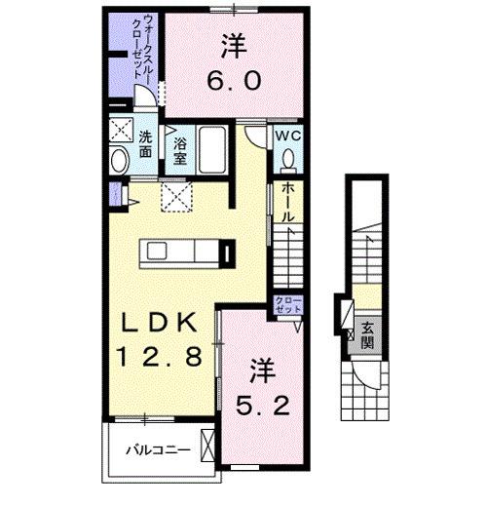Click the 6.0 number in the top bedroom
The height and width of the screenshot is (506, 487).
(234, 82)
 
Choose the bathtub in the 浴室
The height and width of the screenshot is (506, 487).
(213, 151)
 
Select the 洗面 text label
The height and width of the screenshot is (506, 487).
(144, 144)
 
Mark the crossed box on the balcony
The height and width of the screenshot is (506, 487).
(206, 445)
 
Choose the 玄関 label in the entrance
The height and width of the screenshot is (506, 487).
(367, 333)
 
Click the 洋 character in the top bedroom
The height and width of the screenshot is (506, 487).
(233, 44)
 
